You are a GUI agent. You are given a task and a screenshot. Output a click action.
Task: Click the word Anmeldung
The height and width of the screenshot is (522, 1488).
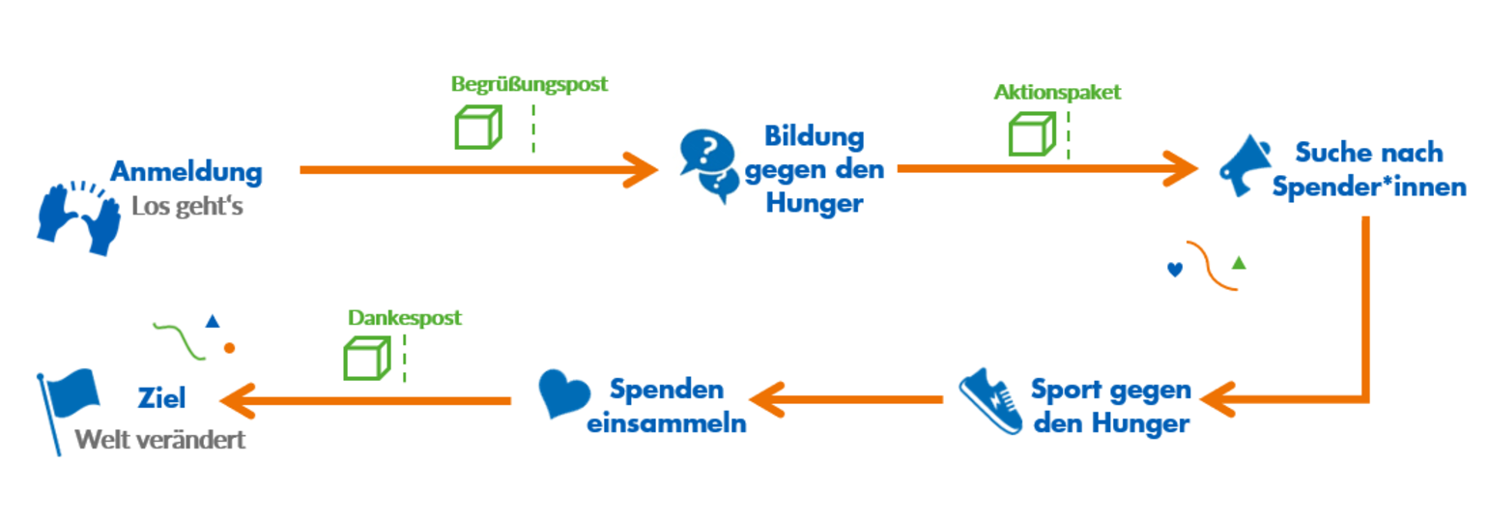pyautogui.click(x=186, y=172)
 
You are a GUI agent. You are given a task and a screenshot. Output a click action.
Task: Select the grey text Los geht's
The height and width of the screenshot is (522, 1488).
pyautogui.click(x=186, y=206)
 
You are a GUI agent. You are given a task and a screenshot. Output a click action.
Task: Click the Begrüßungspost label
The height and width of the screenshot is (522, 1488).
pyautogui.click(x=529, y=84)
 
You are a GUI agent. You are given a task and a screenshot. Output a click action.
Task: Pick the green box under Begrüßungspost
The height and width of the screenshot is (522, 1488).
pyautogui.click(x=478, y=128)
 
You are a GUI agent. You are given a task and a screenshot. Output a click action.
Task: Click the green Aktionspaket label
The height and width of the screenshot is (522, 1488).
pyautogui.click(x=1057, y=93)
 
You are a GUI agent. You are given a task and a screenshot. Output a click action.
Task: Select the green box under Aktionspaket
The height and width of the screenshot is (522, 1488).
pyautogui.click(x=1031, y=133)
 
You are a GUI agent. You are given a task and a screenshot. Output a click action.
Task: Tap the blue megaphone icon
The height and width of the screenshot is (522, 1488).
pyautogui.click(x=1245, y=165)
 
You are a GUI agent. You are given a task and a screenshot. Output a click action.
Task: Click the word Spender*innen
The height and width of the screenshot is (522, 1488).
pyautogui.click(x=1369, y=187)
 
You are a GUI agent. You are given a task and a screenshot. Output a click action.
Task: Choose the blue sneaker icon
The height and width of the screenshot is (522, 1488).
pyautogui.click(x=991, y=400)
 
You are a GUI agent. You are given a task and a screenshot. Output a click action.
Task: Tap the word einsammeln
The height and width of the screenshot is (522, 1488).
pyautogui.click(x=667, y=423)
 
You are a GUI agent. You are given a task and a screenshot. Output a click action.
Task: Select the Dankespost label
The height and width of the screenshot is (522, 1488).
pyautogui.click(x=405, y=317)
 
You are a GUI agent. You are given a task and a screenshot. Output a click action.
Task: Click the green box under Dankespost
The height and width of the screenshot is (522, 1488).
pyautogui.click(x=367, y=358)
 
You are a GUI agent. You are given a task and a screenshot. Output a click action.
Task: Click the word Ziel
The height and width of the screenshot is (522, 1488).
pyautogui.click(x=161, y=398)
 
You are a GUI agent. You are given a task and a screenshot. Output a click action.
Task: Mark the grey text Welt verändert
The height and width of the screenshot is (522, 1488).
pyautogui.click(x=160, y=440)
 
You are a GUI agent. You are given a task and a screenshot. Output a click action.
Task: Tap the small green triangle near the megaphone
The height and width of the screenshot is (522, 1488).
pyautogui.click(x=1239, y=262)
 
